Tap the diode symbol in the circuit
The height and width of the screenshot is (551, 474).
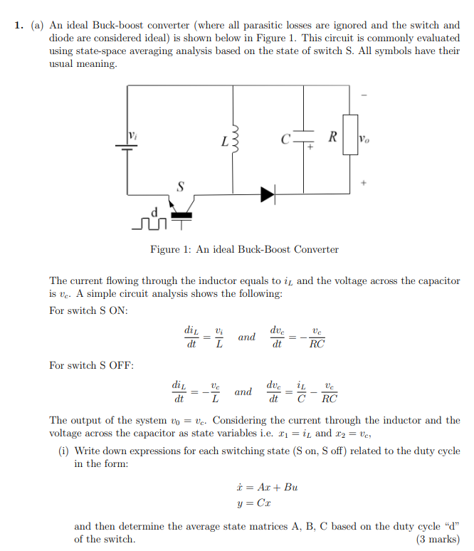click(268, 193)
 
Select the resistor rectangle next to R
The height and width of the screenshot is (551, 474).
click(349, 133)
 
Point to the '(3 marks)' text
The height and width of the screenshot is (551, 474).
click(438, 539)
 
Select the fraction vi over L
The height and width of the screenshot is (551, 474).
click(220, 337)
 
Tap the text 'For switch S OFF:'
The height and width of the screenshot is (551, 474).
click(91, 365)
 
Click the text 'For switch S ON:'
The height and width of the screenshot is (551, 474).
click(88, 310)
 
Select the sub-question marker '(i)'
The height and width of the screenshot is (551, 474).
click(64, 451)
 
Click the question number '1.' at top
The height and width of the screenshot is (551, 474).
click(20, 26)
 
